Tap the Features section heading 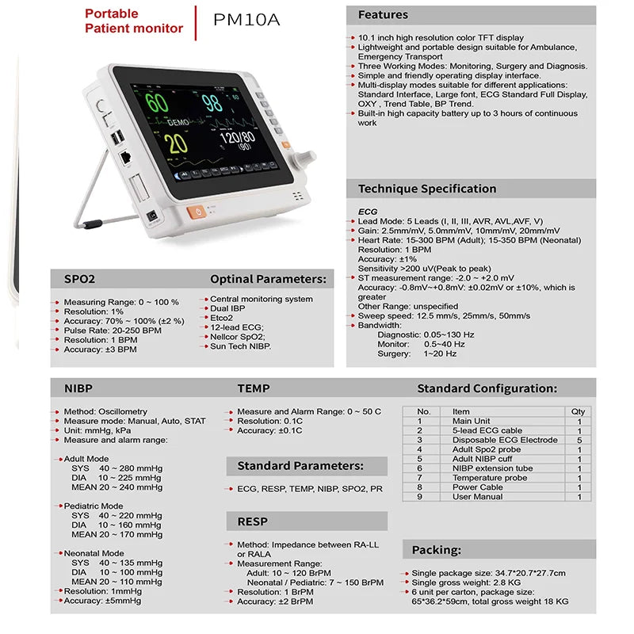383,14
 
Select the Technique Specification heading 426,189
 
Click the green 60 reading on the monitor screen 156,103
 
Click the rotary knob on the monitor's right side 303,159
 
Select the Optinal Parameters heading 268,279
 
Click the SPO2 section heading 79,279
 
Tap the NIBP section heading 78,388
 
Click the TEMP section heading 254,388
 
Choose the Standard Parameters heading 300,465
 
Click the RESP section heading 253,521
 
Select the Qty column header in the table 579,411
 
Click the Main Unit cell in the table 472,421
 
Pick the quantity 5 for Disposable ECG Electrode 579,440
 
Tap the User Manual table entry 477,496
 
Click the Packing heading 436,549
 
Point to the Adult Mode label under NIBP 86,459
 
